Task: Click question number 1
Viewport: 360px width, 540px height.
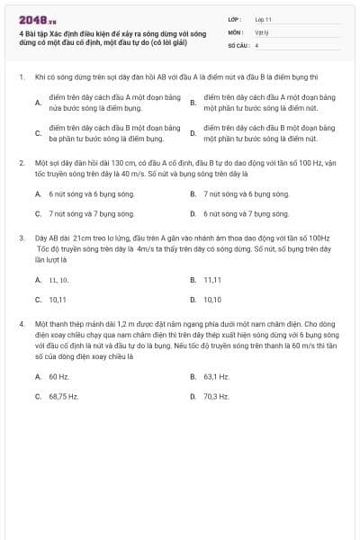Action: click(21, 78)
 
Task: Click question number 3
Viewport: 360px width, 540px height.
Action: click(21, 238)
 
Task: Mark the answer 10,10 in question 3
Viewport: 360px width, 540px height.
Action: click(212, 300)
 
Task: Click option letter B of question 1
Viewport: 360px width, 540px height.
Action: click(193, 103)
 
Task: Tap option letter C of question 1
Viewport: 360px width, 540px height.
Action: click(37, 134)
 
